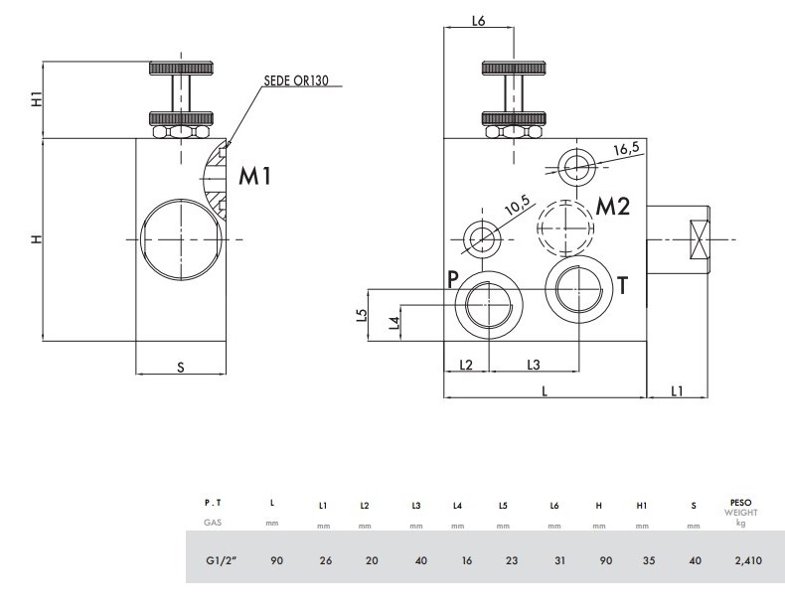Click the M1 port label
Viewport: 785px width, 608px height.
254,177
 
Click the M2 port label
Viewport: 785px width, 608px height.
613,207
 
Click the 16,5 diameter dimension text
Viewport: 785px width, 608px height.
627,149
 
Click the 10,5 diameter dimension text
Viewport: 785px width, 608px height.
519,207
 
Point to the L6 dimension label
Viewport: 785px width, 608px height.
477,21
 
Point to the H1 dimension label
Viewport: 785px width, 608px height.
36,99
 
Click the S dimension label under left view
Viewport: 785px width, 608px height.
181,367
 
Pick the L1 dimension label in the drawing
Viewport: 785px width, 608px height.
676,390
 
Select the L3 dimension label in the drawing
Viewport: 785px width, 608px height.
533,364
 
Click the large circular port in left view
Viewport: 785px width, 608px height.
179,239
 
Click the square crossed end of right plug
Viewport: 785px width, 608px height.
700,239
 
